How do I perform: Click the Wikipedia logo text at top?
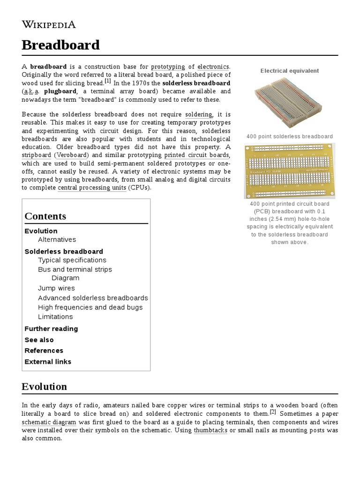tap(48, 24)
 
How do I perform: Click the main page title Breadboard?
tap(60, 45)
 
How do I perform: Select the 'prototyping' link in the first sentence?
tap(168, 67)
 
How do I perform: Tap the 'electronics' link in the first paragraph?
tap(213, 67)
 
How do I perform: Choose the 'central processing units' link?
tap(91, 187)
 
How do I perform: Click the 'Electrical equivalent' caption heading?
tap(289, 71)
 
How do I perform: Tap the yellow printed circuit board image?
tap(290, 171)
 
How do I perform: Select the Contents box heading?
tap(45, 216)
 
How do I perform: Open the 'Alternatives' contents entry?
tap(57, 240)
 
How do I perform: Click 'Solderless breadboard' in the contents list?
tap(64, 251)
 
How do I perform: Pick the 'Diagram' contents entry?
tap(65, 278)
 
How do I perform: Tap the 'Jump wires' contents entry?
tap(56, 288)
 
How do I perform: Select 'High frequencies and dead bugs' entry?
tap(90, 307)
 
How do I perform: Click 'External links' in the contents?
tap(48, 361)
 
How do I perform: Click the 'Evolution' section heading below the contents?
tap(44, 387)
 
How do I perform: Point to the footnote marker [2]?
tap(273, 412)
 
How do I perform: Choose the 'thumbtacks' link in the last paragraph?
tap(210, 430)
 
